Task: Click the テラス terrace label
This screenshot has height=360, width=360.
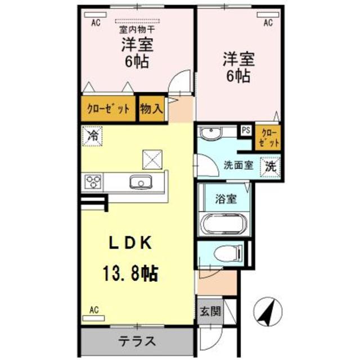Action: [x=137, y=341]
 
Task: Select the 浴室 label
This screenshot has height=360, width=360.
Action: [x=225, y=198]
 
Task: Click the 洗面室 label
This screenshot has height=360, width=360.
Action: [x=237, y=166]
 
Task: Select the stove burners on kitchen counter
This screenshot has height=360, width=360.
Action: [x=93, y=182]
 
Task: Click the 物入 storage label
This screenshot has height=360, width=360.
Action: [x=151, y=108]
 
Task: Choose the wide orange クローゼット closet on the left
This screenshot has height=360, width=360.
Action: [x=108, y=109]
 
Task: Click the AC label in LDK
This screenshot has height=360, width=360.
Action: [x=94, y=309]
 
